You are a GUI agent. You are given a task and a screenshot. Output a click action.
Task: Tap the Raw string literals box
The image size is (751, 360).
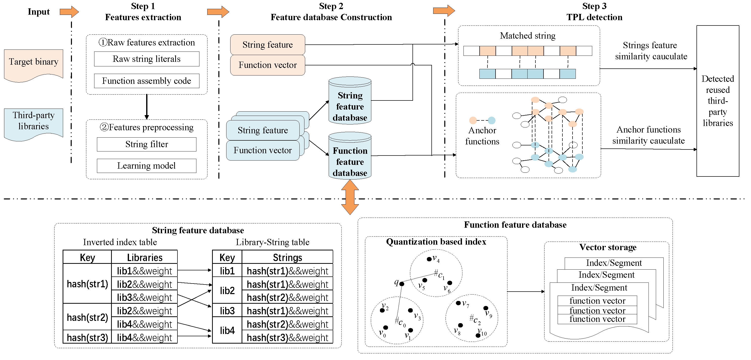pos(147,59)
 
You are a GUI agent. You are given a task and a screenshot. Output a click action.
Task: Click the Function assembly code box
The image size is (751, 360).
pos(147,81)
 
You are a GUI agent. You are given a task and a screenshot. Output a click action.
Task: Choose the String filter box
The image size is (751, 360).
pos(147,144)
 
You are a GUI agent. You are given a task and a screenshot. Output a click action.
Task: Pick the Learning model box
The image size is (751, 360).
pos(147,166)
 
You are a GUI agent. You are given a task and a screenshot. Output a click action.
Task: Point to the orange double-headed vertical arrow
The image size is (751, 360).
pos(350,197)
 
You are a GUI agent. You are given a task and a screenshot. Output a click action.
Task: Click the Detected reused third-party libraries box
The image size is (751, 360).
pos(717,101)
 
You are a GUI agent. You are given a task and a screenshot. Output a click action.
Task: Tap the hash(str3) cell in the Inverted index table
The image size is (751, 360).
pos(87,337)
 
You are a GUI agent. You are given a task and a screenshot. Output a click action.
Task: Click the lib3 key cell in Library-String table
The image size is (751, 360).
pos(227,311)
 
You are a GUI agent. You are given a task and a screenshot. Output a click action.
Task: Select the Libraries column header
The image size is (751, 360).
pos(145,258)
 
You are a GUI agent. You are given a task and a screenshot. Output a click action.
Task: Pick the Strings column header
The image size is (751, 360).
pos(287,258)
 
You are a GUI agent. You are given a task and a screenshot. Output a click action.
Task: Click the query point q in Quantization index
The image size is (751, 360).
pos(402,284)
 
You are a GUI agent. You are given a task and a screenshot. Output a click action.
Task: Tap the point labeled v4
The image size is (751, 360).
pos(429,259)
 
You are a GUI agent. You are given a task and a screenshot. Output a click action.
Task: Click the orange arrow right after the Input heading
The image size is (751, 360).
pos(69,12)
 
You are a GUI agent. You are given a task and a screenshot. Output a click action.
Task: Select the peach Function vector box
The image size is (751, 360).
pos(268,65)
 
